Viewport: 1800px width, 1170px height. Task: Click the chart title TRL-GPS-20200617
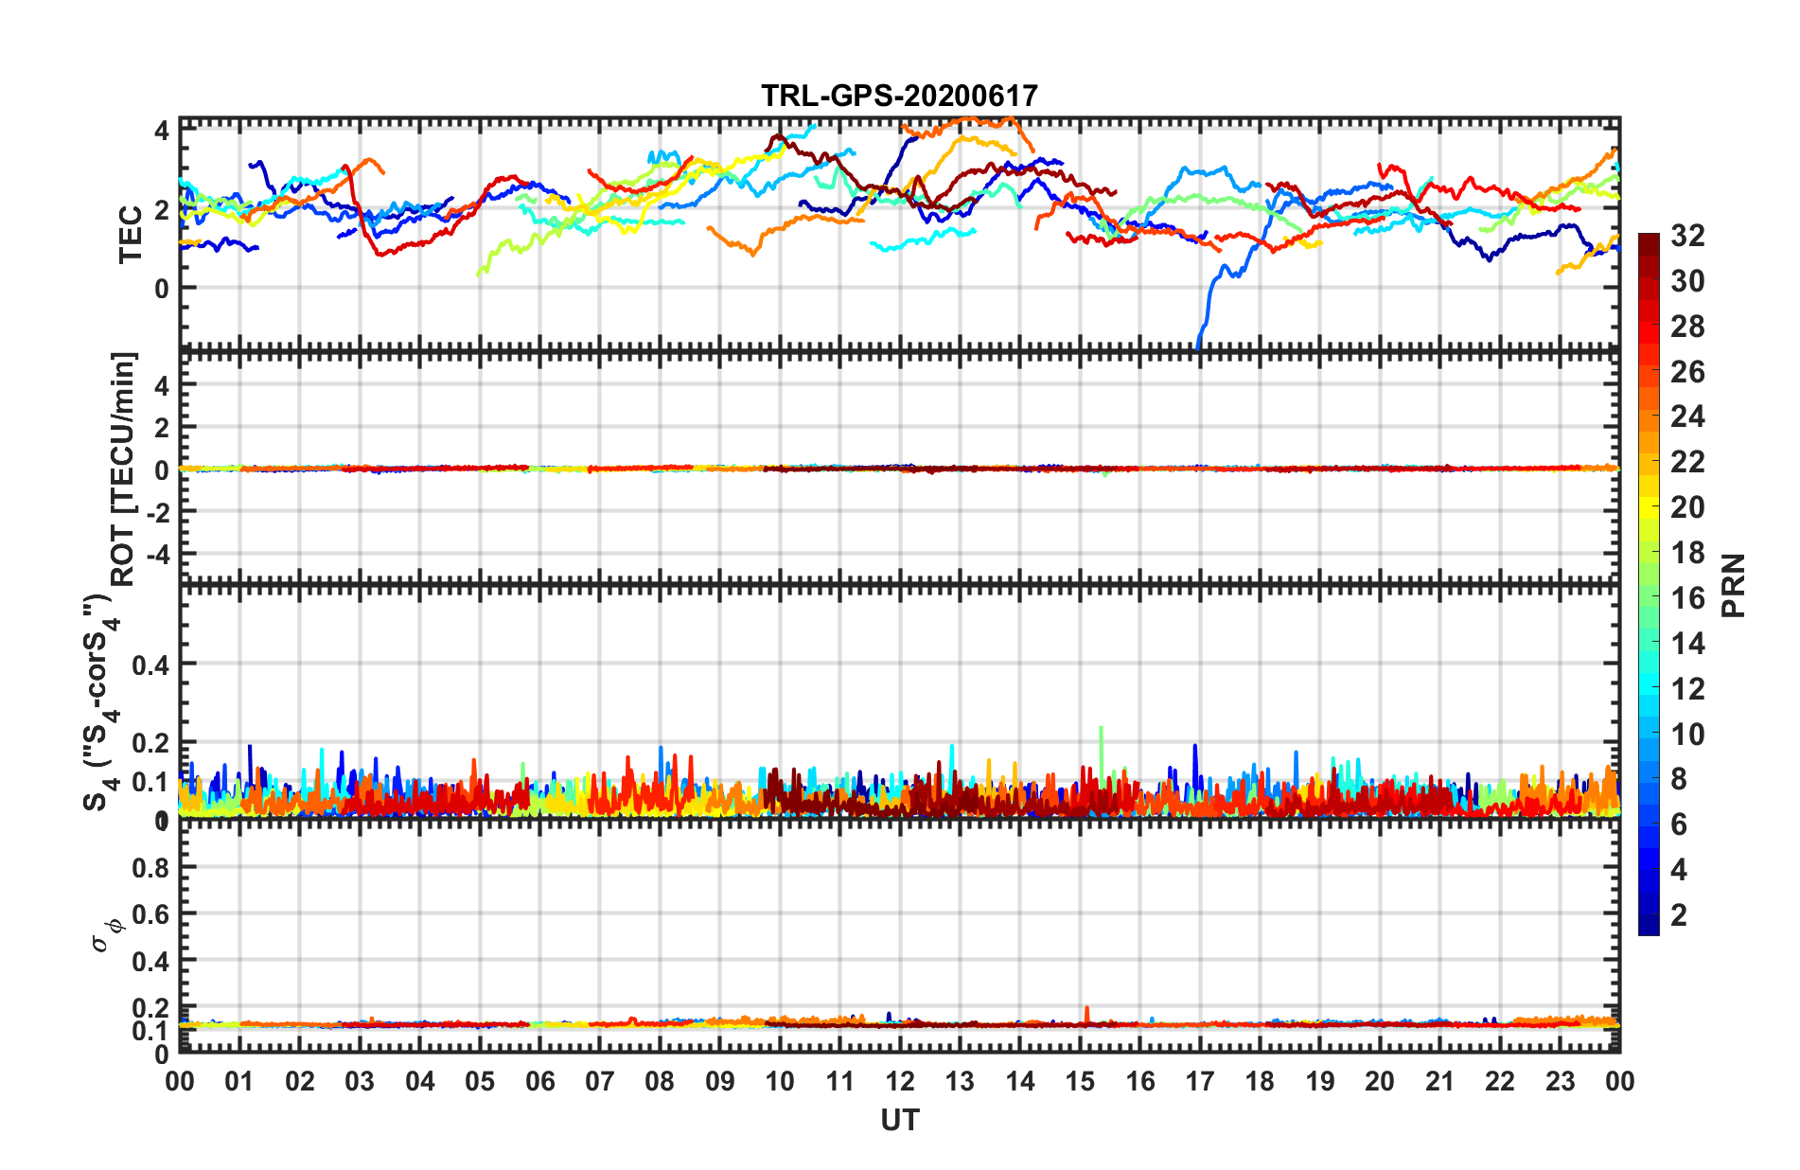point(899,97)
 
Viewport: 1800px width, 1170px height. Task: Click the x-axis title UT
point(899,1121)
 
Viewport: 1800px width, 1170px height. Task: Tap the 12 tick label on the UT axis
point(899,1081)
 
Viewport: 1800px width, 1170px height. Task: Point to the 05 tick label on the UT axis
point(480,1081)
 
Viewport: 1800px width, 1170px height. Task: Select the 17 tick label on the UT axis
point(1199,1081)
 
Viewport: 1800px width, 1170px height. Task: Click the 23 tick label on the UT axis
point(1560,1081)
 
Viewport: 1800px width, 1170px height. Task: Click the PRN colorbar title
point(1734,585)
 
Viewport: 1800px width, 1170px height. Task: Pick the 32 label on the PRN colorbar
point(1687,236)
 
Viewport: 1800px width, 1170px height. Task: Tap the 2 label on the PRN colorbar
point(1679,915)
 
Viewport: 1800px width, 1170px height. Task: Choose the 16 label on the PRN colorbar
point(1687,598)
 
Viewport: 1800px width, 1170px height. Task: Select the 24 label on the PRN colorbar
point(1687,417)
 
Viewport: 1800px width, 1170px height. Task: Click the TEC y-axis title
point(130,234)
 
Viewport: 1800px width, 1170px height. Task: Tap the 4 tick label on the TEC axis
point(162,130)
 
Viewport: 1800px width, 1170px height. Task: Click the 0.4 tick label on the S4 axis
point(150,665)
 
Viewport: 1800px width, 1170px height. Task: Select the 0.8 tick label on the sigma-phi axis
point(150,867)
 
